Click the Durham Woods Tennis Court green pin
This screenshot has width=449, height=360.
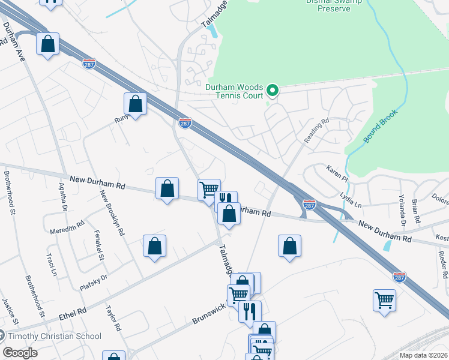point(273,91)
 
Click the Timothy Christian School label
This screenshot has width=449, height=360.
point(55,336)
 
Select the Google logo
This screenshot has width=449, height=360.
point(20,353)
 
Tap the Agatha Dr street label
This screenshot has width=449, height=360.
point(62,197)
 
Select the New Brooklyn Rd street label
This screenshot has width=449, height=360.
point(113,213)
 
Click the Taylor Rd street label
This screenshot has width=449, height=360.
point(113,320)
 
